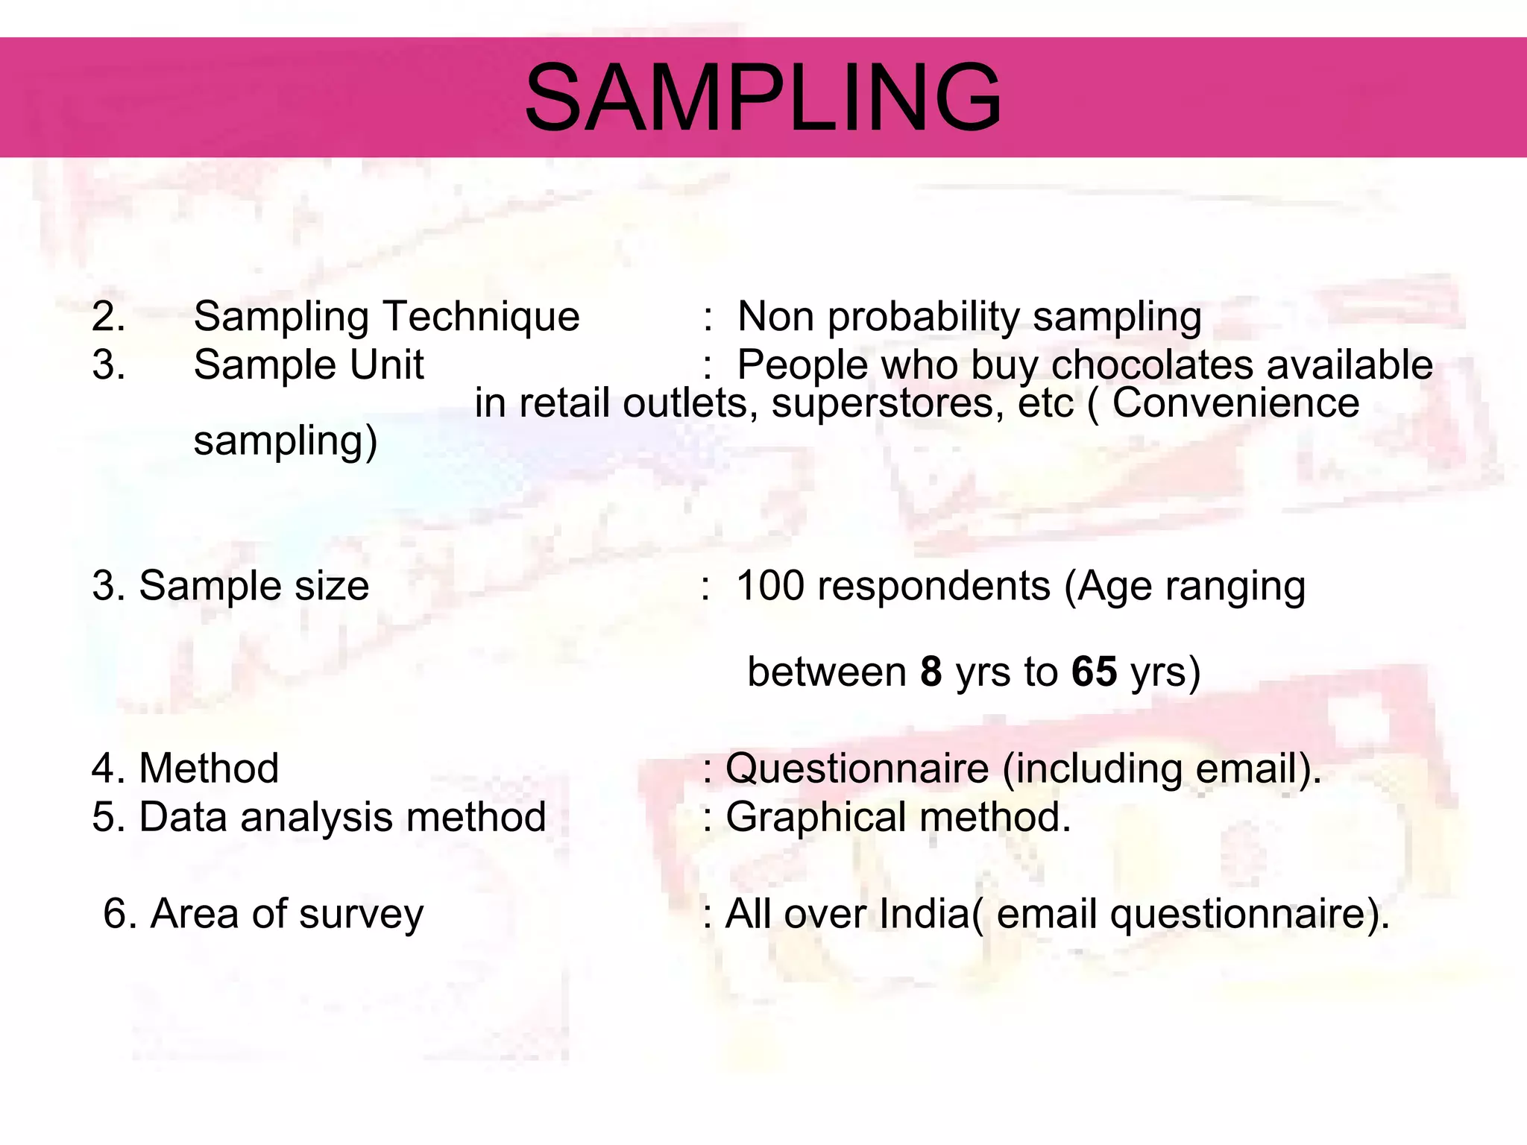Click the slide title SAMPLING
[x=763, y=98]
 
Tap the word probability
[x=924, y=317]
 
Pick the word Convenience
[x=1235, y=403]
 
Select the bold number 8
[x=931, y=672]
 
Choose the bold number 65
[x=1094, y=672]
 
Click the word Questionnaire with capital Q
[x=857, y=769]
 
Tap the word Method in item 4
[x=209, y=769]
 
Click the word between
[x=826, y=672]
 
